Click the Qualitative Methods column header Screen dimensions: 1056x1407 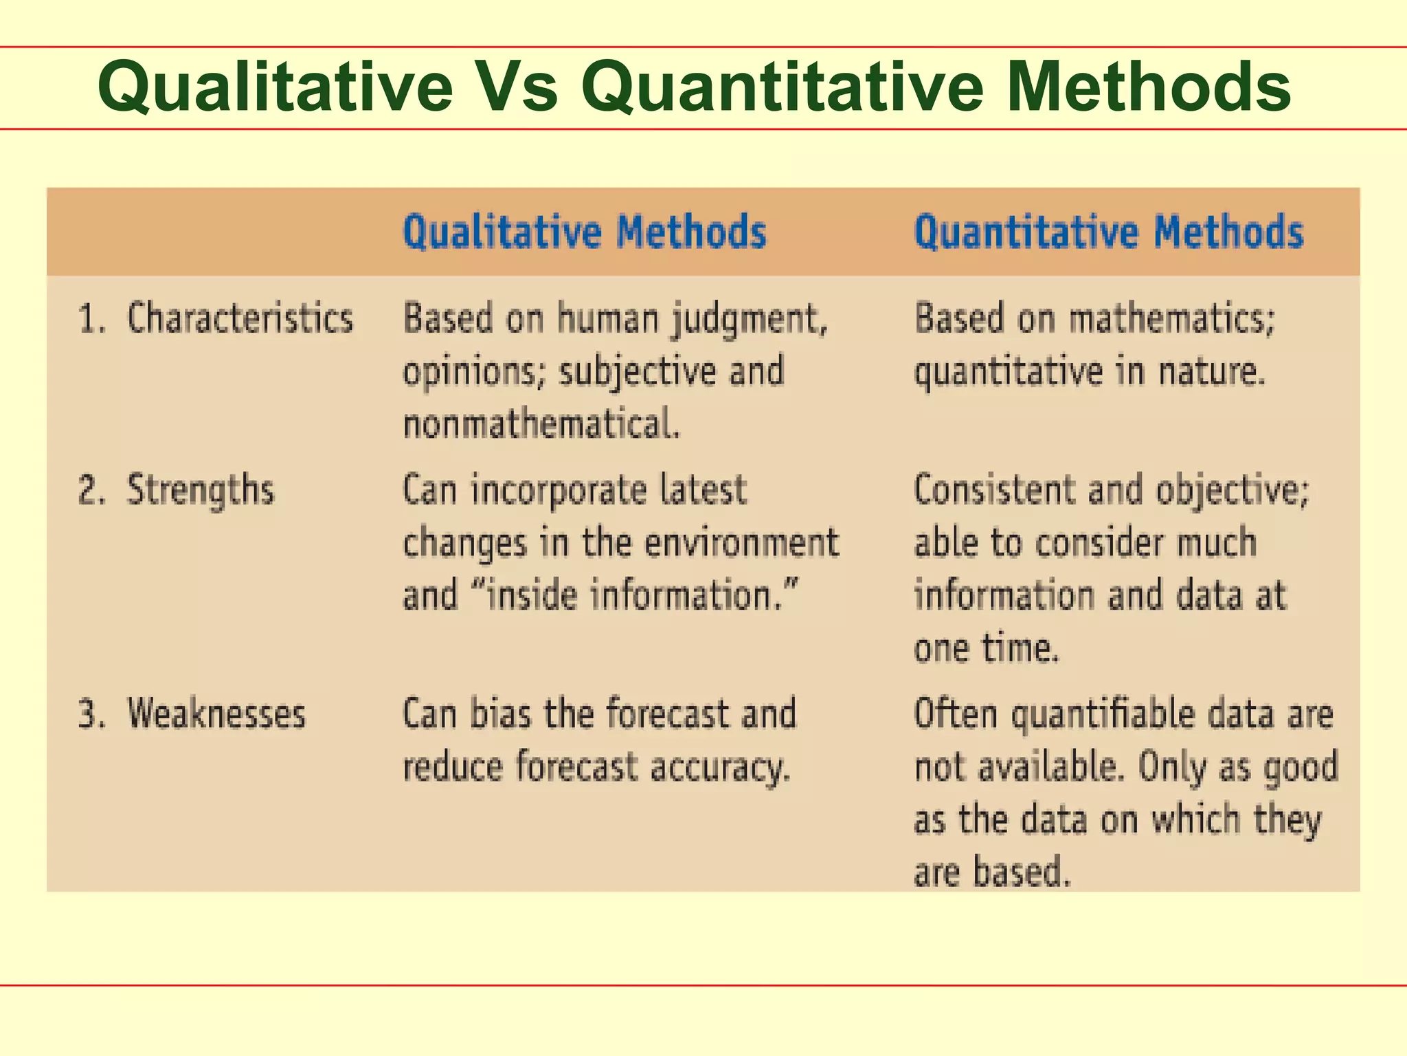(x=584, y=232)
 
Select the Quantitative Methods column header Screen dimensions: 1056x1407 (x=1108, y=232)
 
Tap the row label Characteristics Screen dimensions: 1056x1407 (x=240, y=318)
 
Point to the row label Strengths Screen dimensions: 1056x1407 (x=200, y=490)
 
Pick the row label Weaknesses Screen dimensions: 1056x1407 (x=216, y=713)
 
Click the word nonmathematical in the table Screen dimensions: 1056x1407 (x=541, y=423)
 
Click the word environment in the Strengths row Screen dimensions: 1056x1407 (x=741, y=542)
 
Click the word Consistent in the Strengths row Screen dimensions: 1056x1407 (x=993, y=490)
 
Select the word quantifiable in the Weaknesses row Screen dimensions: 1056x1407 (x=1103, y=714)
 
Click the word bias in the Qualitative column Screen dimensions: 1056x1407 (x=501, y=713)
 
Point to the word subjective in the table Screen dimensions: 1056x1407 (x=638, y=372)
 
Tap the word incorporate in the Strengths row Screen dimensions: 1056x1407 (x=559, y=491)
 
